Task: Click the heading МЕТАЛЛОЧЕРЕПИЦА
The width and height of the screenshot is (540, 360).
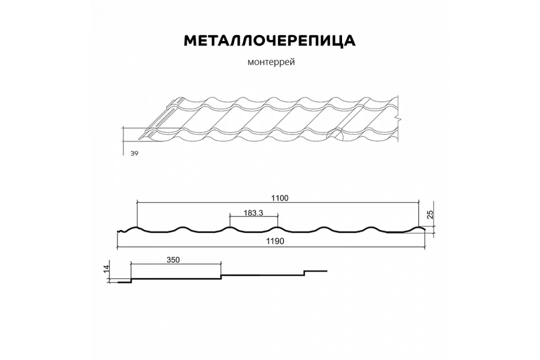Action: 270,40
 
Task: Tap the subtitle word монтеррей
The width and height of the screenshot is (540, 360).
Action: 271,63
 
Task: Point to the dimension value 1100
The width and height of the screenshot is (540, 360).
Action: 279,198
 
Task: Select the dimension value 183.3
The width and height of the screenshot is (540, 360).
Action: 253,213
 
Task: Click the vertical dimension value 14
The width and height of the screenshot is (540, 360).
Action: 106,269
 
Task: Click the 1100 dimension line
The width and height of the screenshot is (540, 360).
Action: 202,202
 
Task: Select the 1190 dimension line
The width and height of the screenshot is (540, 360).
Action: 202,247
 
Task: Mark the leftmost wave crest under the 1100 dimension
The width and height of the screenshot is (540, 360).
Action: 137,228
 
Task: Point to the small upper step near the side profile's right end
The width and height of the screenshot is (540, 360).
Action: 304,273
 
